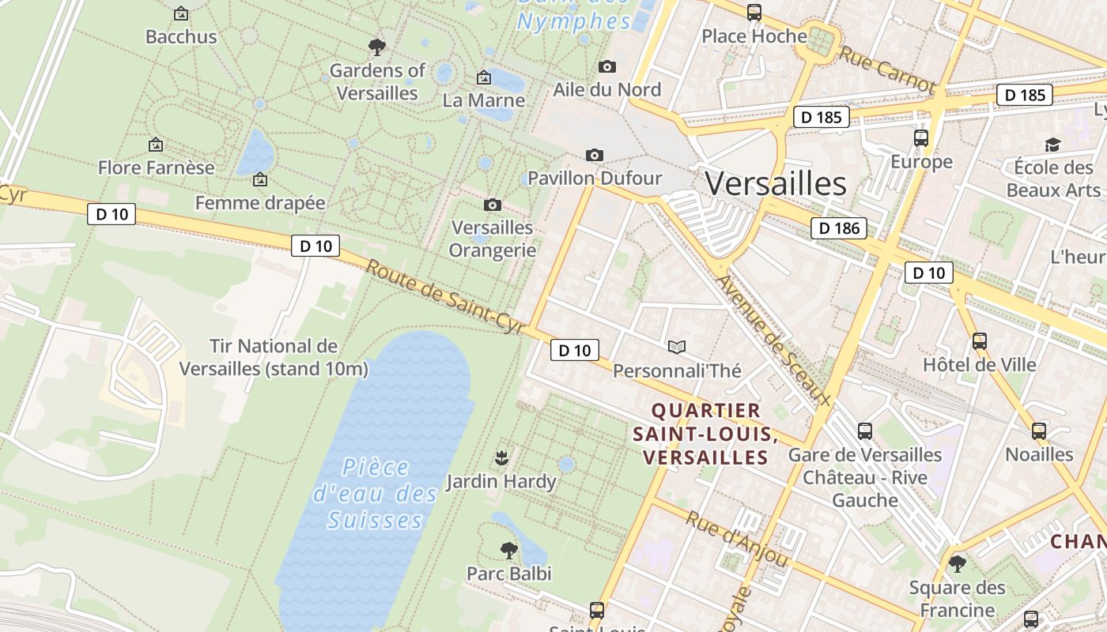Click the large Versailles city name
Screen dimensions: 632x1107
coord(776,184)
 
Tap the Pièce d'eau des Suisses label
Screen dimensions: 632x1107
coord(375,494)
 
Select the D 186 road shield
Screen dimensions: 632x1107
coord(838,229)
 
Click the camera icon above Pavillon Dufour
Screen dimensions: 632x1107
coord(594,155)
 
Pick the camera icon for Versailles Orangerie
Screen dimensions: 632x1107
coord(492,205)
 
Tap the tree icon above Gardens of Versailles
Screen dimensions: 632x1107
coord(377,47)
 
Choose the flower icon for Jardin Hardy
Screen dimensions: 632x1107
coord(501,457)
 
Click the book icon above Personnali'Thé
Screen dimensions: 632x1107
coord(677,347)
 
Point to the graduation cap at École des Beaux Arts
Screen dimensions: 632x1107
coord(1052,145)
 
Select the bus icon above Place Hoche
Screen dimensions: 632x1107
coord(754,13)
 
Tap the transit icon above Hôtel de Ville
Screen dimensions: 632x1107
coord(979,341)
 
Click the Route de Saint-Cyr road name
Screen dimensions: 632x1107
coord(446,298)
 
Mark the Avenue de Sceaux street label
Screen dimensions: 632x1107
coord(774,340)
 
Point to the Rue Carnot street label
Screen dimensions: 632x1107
coord(886,69)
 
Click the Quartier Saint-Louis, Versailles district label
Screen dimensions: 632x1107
coord(706,434)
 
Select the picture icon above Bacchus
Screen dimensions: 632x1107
coord(181,13)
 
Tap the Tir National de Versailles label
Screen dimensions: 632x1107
coord(274,357)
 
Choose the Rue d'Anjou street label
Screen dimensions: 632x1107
coord(737,539)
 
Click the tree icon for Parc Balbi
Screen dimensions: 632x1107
coord(509,550)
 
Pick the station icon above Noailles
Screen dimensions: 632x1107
coord(1038,431)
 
